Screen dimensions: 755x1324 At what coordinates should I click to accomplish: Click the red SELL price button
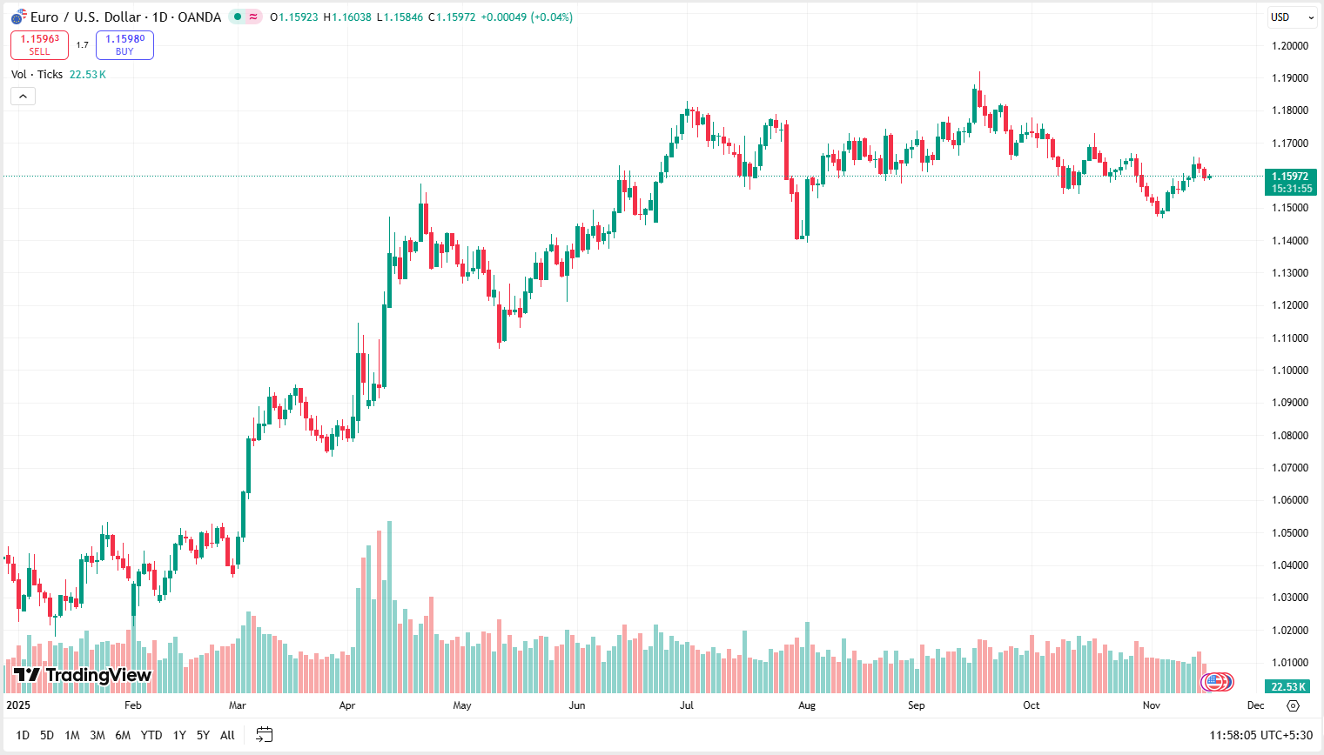[39, 44]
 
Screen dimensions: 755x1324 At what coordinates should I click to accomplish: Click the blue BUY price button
[124, 44]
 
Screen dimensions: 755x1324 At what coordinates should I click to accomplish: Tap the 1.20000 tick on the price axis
[1289, 46]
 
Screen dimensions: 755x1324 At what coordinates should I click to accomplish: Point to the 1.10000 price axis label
[1289, 371]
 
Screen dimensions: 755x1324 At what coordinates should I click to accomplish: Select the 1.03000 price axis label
[1289, 598]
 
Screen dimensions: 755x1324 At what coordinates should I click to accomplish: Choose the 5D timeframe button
[47, 735]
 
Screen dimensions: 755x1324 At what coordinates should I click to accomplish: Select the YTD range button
[151, 735]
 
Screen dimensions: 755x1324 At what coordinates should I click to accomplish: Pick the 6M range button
[123, 735]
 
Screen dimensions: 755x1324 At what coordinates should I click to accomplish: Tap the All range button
[227, 735]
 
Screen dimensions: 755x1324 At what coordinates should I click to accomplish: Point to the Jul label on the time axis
[687, 705]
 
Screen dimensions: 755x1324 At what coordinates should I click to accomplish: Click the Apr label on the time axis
[347, 705]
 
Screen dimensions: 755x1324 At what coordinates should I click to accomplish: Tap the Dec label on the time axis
[1255, 705]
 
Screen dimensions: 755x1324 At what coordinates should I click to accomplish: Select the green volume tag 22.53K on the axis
[1288, 687]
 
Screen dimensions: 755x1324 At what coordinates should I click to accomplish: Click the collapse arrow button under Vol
[23, 96]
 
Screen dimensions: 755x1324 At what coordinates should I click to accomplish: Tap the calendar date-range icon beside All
[265, 735]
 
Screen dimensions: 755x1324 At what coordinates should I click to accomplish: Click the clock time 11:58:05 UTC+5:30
[1260, 735]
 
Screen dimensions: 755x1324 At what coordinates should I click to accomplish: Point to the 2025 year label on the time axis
[18, 705]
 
